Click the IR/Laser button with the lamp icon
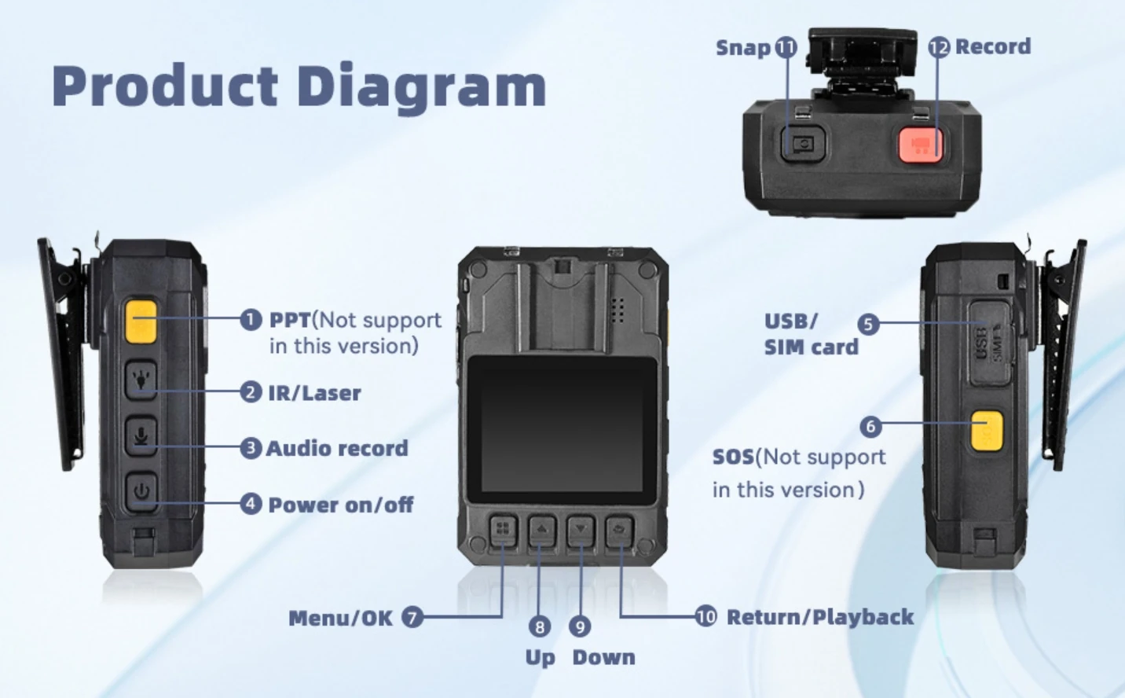(x=141, y=379)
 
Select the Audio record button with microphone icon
(x=141, y=435)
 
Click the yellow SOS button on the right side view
(x=987, y=431)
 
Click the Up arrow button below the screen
(x=541, y=531)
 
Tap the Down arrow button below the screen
(x=581, y=531)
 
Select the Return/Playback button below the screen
(x=620, y=531)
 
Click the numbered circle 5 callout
(x=868, y=324)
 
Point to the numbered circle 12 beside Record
(x=939, y=47)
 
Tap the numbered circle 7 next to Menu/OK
(x=412, y=617)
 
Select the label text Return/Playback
(x=819, y=617)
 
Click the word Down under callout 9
(x=603, y=657)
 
